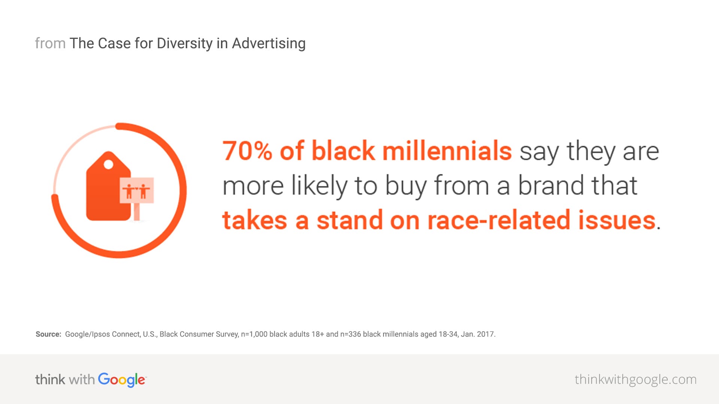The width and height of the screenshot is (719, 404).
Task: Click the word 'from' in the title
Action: point(50,43)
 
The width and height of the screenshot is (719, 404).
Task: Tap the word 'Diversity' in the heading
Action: point(185,44)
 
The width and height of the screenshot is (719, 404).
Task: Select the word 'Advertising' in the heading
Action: point(269,44)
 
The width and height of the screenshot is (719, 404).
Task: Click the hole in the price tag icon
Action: point(108,164)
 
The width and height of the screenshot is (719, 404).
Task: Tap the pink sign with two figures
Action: point(137,190)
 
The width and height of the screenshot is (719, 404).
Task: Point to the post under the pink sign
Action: point(137,212)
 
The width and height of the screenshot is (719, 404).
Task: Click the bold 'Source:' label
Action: point(48,334)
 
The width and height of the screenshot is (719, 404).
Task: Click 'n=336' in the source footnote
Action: point(351,334)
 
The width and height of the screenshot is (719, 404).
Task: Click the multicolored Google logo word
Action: point(122,380)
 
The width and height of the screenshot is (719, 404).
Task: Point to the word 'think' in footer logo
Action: point(50,379)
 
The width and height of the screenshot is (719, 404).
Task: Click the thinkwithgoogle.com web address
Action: point(635,380)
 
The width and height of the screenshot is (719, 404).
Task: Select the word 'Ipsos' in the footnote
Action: point(101,334)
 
